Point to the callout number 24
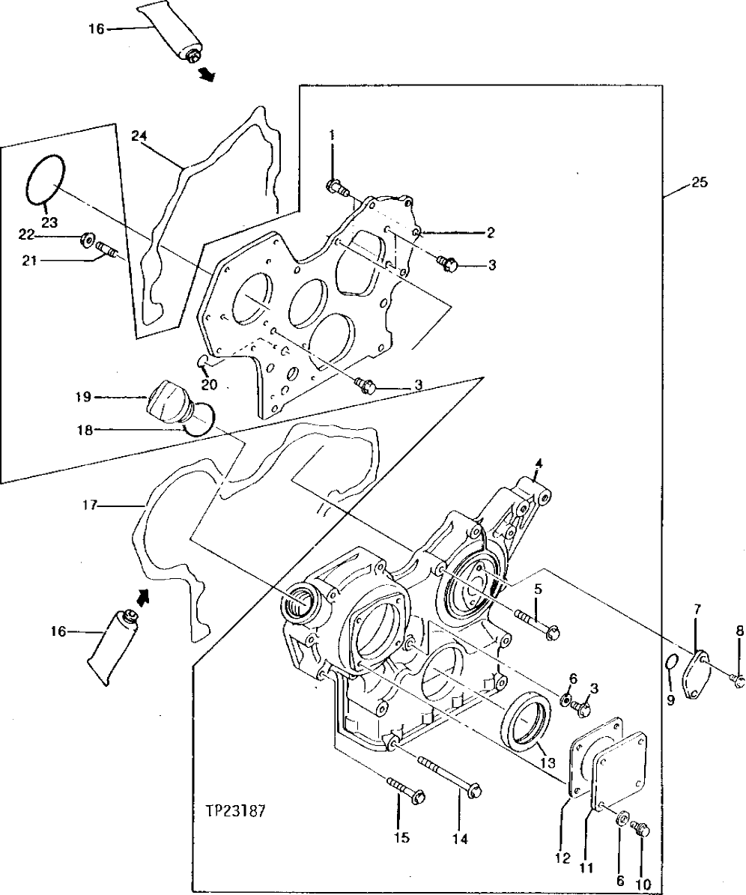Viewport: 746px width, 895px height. click(139, 136)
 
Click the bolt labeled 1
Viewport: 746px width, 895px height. click(338, 188)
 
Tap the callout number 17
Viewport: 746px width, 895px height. click(91, 506)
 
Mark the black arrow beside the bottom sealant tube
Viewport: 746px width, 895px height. click(143, 595)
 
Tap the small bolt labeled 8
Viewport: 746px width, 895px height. click(739, 680)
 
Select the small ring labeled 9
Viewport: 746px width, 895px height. click(672, 661)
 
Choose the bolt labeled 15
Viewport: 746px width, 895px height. click(404, 789)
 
